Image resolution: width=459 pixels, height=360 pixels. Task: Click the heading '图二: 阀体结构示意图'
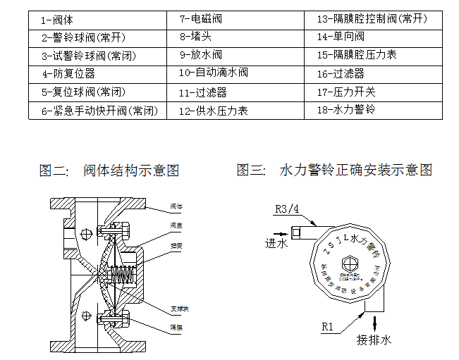click(x=109, y=170)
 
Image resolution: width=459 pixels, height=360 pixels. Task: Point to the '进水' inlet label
click(x=276, y=243)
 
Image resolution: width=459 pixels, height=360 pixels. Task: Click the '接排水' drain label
click(x=374, y=340)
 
